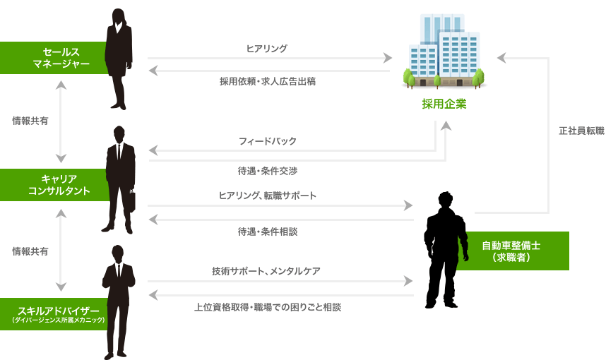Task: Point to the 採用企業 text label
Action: (x=444, y=104)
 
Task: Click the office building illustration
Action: (x=444, y=53)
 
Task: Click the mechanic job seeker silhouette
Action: (x=445, y=247)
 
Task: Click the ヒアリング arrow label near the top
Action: (x=266, y=48)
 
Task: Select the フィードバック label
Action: (x=267, y=141)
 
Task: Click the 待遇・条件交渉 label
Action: (x=267, y=171)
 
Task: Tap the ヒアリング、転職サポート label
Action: (x=267, y=196)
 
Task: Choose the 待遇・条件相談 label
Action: (x=267, y=231)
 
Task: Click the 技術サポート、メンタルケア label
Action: (x=267, y=270)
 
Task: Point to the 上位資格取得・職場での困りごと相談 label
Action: (x=268, y=307)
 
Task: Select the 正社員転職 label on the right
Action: (x=581, y=131)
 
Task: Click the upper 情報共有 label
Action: (x=30, y=121)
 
